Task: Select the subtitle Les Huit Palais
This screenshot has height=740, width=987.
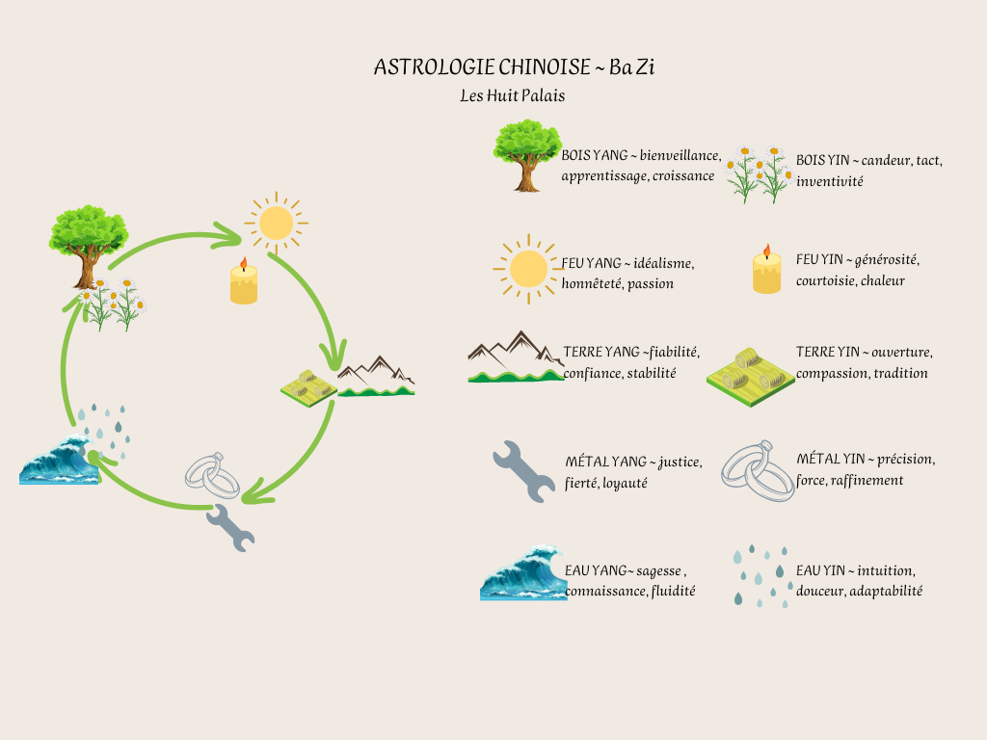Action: [x=513, y=95]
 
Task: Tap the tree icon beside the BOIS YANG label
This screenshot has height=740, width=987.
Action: [x=527, y=155]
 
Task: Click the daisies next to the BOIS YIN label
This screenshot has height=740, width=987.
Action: [x=760, y=173]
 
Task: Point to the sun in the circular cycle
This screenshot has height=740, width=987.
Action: [x=276, y=223]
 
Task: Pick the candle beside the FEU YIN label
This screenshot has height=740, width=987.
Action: [x=766, y=269]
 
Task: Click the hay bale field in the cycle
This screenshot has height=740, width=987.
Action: [x=308, y=388]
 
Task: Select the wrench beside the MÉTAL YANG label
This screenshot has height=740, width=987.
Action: [x=523, y=472]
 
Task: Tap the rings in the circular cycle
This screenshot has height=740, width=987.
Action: [x=213, y=476]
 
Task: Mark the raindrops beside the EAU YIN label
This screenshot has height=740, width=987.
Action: [x=761, y=576]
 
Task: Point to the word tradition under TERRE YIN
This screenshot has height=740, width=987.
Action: [x=901, y=373]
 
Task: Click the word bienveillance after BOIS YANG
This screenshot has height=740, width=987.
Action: [x=680, y=155]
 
